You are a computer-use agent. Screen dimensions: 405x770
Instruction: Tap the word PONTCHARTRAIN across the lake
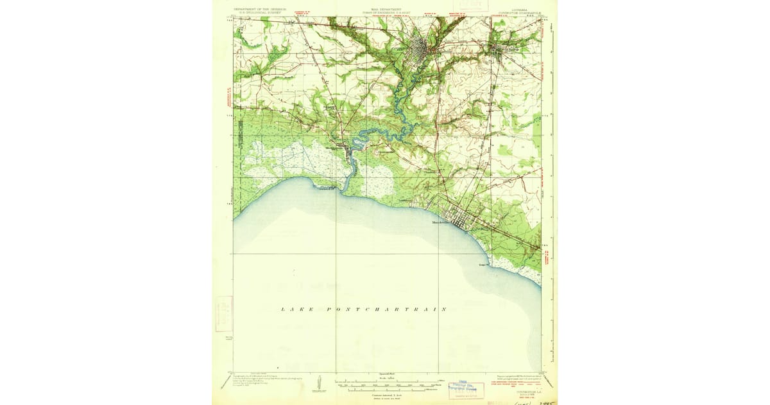click(386, 309)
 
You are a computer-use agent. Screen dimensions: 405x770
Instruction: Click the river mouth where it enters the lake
click(339, 189)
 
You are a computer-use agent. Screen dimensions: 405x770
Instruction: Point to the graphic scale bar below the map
click(385, 384)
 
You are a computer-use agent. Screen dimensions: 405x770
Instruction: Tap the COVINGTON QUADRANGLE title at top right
click(522, 11)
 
